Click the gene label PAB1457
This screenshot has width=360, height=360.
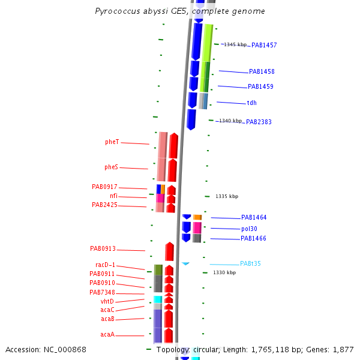click(x=264, y=45)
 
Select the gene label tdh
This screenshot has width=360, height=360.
click(x=251, y=103)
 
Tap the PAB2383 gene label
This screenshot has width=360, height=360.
click(x=259, y=122)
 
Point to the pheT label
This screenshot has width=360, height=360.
click(x=112, y=142)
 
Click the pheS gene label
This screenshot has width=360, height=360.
click(x=111, y=167)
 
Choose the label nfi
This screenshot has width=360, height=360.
click(x=114, y=196)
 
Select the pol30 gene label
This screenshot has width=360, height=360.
click(x=249, y=229)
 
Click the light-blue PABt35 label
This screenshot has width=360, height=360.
click(x=250, y=264)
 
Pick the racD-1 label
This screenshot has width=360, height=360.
click(x=105, y=265)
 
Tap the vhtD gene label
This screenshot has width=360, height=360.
click(x=107, y=301)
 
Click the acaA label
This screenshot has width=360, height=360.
click(x=107, y=335)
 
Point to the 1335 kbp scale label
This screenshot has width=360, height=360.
click(x=227, y=196)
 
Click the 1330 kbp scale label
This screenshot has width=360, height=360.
click(x=224, y=272)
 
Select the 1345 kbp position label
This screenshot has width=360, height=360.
click(x=235, y=44)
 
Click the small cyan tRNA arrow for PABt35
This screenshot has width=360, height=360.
click(x=186, y=263)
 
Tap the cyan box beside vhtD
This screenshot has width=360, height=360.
click(x=158, y=299)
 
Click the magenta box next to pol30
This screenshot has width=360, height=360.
click(x=197, y=227)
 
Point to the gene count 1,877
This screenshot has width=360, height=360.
click(x=343, y=349)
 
